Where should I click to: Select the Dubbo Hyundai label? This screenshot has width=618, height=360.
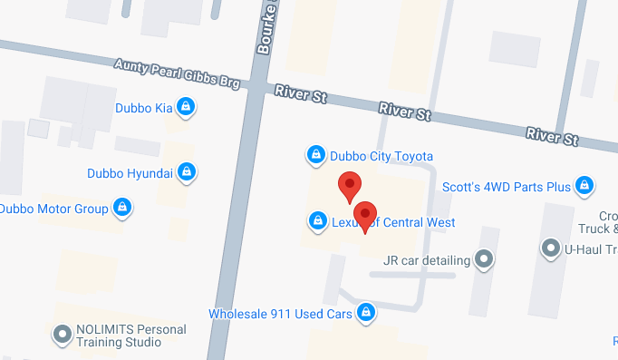130,172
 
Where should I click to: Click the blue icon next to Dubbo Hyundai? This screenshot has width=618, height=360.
187,171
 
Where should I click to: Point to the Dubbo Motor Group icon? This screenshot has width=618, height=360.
121,209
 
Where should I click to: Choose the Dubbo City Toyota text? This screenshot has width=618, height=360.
381,156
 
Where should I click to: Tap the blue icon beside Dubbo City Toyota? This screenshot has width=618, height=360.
315,155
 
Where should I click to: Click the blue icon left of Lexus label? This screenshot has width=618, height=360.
318,220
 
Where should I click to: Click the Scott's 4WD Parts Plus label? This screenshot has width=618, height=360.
506,188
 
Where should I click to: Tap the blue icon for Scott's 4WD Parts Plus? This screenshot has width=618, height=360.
584,187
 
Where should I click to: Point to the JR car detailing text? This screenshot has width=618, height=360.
426,260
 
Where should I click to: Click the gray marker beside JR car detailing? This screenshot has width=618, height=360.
485,260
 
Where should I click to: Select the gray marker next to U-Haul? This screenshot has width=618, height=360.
550,248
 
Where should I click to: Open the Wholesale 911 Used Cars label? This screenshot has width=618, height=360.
280,314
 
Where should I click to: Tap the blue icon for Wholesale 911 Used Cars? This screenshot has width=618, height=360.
365,313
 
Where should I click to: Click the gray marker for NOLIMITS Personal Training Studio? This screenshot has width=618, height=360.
63,334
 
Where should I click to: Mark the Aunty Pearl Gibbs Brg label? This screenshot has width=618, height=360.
177,74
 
